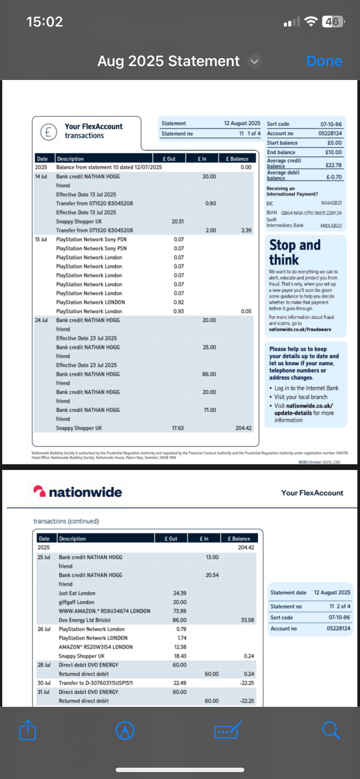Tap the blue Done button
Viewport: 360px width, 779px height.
(x=324, y=61)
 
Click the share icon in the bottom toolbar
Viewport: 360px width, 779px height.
(x=27, y=730)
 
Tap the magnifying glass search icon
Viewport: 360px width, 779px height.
(x=331, y=730)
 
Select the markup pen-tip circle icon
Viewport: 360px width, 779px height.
(x=125, y=730)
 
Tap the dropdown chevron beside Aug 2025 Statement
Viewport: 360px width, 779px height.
(x=254, y=62)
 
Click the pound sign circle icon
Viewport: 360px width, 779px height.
(x=48, y=131)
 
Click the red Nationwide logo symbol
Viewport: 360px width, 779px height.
(x=40, y=491)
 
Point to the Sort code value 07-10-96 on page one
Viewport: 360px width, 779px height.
(x=331, y=124)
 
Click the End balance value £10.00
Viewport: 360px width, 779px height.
(x=333, y=152)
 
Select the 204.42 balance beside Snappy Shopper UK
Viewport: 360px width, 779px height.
(x=243, y=428)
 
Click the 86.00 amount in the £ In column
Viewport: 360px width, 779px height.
(x=209, y=374)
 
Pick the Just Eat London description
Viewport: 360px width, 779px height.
(x=77, y=593)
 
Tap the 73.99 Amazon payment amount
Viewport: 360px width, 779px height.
(x=180, y=611)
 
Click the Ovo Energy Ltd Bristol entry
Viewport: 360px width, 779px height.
(x=84, y=620)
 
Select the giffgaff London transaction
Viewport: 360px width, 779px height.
(x=77, y=603)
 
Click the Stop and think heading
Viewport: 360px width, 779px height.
(x=294, y=252)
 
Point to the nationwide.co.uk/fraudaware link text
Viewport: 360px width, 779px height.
(x=300, y=330)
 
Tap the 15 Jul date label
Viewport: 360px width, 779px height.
(x=41, y=240)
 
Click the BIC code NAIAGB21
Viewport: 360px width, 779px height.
(x=331, y=203)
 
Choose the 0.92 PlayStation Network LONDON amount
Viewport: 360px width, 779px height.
(x=179, y=303)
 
